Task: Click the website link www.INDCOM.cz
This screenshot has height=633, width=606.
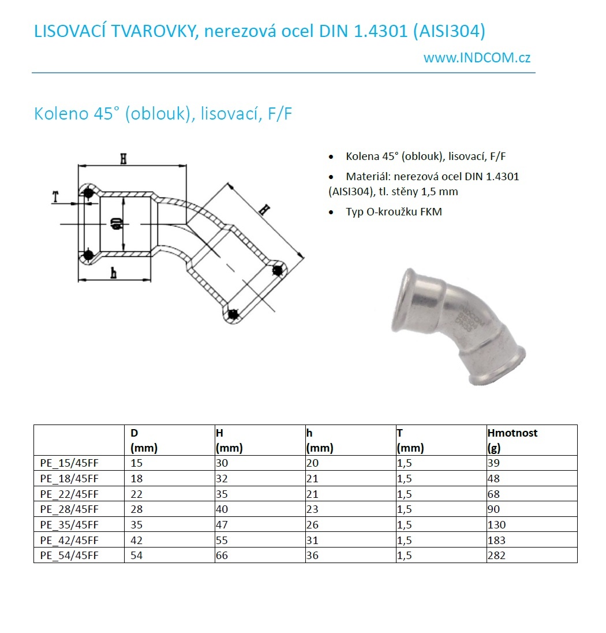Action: coord(477,58)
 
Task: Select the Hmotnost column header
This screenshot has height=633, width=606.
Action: coord(512,433)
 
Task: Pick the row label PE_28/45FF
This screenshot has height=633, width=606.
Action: coord(70,509)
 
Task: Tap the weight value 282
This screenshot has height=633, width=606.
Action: coord(496,556)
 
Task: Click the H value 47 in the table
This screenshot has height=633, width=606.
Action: coord(223,525)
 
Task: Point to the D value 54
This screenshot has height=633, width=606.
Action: coord(137,556)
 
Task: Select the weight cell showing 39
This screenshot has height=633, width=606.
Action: coord(493,463)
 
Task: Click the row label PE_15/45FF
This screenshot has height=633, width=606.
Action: coord(70,463)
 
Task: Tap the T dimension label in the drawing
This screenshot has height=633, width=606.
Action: coord(55,197)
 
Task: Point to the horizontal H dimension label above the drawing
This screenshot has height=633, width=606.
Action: coord(123,158)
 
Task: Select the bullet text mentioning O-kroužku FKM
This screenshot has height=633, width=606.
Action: coord(394,212)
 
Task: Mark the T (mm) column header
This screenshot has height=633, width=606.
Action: coord(410,440)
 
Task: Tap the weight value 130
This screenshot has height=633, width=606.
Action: coord(496,525)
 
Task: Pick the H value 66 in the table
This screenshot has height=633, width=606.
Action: coord(223,556)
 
